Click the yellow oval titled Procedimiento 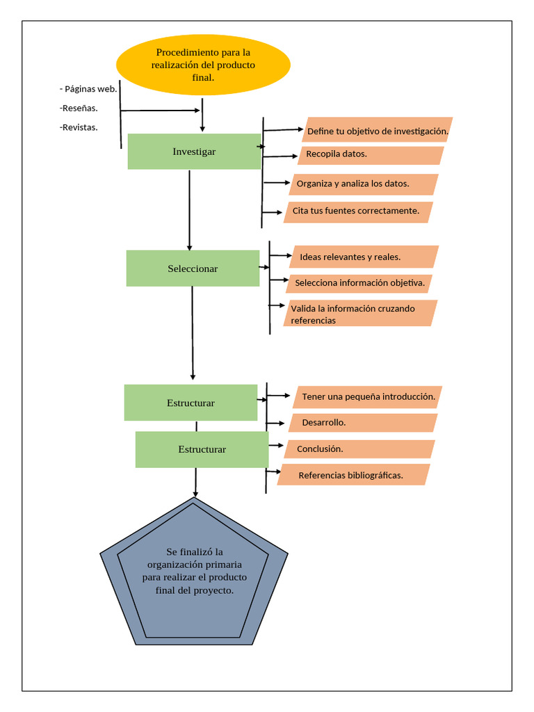pos(202,65)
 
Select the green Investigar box pos(194,152)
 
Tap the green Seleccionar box pos(193,268)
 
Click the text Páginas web pos(88,88)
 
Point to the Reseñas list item pos(79,108)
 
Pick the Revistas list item pos(79,127)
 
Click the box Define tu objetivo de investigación pos(378,131)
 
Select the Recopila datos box pos(371,154)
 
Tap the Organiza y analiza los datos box pos(364,184)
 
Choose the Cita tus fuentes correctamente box pos(358,211)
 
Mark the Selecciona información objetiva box pos(359,283)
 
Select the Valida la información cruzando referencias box pos(360,314)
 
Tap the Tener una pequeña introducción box pos(368,397)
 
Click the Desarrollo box pos(362,423)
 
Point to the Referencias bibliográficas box pos(354,476)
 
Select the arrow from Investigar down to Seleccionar pos(190,209)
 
